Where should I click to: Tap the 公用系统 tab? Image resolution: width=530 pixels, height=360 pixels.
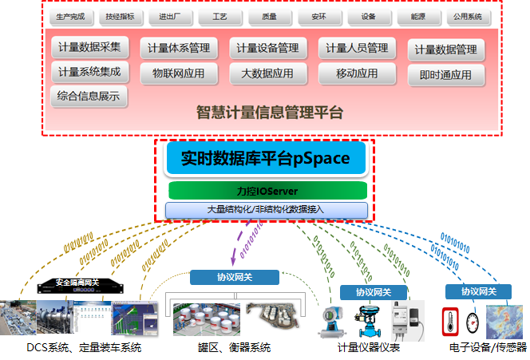467,16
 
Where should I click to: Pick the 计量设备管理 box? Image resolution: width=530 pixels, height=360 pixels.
268,49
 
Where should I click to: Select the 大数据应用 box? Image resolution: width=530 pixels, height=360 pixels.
268,73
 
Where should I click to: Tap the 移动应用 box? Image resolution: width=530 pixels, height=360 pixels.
357,73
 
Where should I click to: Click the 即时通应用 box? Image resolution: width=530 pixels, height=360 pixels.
445,75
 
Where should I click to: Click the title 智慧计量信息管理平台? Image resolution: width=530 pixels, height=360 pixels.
270,112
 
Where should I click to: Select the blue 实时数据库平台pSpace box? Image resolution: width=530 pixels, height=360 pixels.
266,158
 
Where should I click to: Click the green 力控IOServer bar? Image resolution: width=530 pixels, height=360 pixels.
267,191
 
